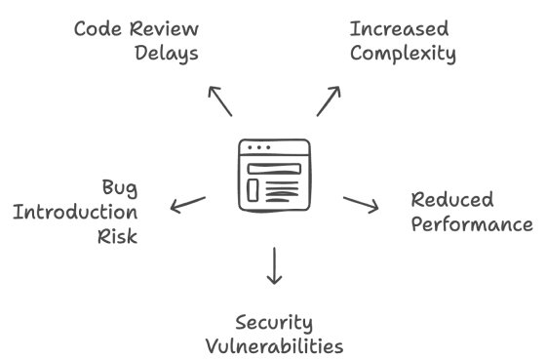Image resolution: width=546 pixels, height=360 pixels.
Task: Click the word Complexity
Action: coord(402,53)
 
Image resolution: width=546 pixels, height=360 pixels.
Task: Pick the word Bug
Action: coord(120,185)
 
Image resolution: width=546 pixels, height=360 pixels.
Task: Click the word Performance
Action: coord(471,224)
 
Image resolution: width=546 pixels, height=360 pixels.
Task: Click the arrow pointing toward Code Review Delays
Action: coord(219,100)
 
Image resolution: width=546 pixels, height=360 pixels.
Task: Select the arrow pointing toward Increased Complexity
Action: coord(329,100)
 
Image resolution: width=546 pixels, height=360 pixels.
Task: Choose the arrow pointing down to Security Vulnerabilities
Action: coord(274,265)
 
